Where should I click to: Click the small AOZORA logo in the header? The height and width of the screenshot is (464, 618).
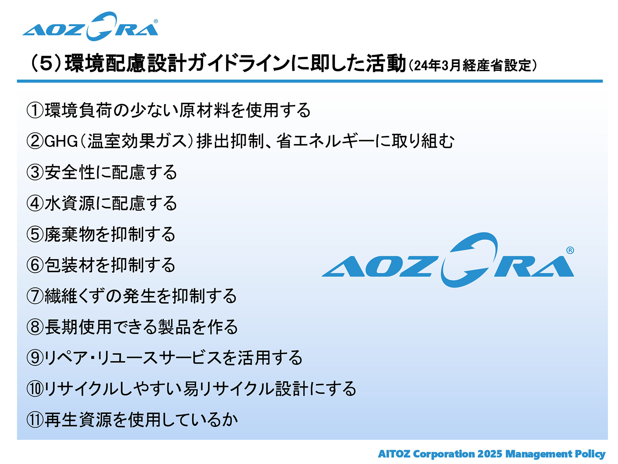(90, 26)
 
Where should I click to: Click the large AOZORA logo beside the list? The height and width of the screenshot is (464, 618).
(448, 260)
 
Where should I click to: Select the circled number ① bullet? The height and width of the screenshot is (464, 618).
(35, 110)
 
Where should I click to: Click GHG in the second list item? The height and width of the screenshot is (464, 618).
(61, 141)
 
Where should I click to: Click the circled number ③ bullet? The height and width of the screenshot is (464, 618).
(35, 172)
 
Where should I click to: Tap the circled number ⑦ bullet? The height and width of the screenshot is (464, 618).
(35, 296)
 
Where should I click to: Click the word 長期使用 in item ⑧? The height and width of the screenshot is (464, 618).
(78, 327)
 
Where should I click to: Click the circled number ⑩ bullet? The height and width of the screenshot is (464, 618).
(35, 389)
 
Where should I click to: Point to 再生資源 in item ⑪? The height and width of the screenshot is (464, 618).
(78, 420)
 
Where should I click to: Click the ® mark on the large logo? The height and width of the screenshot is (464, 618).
(570, 250)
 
